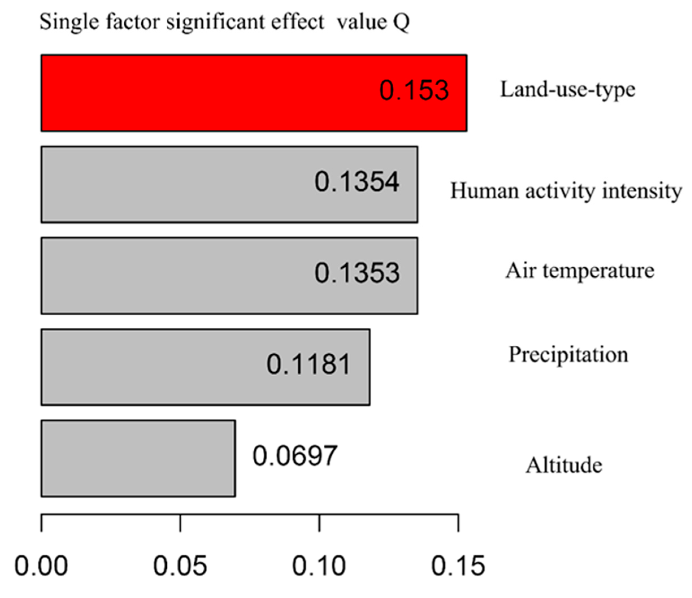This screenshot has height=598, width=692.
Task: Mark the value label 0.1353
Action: coord(357,273)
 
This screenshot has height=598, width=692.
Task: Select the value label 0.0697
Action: coord(295,456)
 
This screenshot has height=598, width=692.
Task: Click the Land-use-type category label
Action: coord(567,90)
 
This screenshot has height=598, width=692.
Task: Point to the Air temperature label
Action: coord(580,271)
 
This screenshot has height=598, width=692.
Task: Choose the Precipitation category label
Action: coord(568,355)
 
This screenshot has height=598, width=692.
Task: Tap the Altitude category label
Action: coord(564,465)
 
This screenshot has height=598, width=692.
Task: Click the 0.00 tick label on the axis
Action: coord(42,566)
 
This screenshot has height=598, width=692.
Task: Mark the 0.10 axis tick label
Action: coord(319,566)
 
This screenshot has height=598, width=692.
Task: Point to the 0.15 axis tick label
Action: coord(458,566)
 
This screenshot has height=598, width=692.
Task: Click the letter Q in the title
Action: coord(401,23)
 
